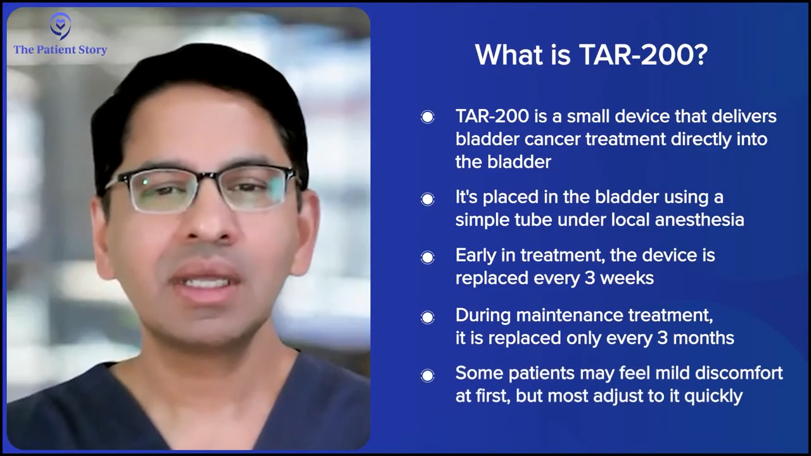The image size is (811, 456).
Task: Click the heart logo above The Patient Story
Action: pyautogui.click(x=60, y=26)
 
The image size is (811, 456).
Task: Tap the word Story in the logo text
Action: pyautogui.click(x=91, y=50)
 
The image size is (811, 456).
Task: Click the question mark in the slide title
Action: pyautogui.click(x=701, y=55)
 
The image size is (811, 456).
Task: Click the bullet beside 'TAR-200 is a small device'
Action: pyautogui.click(x=428, y=117)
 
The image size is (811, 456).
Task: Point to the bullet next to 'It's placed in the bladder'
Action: pyautogui.click(x=428, y=199)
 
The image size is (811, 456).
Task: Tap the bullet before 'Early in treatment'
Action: pyautogui.click(x=428, y=257)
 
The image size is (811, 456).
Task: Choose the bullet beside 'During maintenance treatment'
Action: pyautogui.click(x=428, y=317)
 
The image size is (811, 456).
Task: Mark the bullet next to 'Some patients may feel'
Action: pyautogui.click(x=428, y=376)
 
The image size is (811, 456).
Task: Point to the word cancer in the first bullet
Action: pyautogui.click(x=552, y=139)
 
